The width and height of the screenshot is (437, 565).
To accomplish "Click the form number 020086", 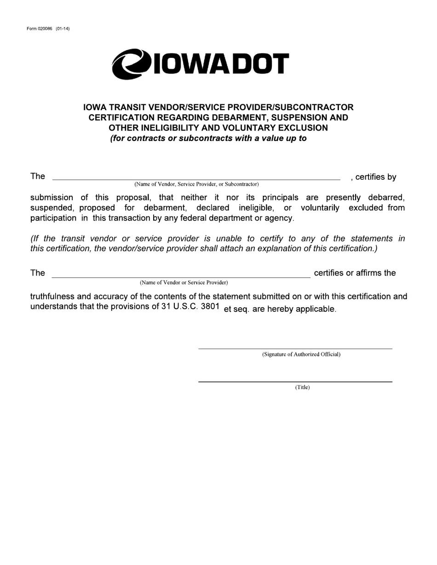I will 45,29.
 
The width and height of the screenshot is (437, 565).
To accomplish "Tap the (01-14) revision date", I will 63,29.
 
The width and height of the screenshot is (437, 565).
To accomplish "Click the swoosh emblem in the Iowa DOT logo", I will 131,64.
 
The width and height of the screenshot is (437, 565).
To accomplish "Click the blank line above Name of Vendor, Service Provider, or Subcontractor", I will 196,179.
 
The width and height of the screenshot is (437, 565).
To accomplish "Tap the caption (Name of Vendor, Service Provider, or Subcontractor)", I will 196,184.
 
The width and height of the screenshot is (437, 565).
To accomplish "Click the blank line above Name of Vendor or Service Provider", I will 181,277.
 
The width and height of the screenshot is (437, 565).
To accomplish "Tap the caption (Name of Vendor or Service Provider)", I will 184,282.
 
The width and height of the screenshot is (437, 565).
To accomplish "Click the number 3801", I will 210,306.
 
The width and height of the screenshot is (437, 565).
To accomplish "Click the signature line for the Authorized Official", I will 295,348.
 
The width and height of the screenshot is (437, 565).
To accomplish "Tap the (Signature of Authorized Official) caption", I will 301,354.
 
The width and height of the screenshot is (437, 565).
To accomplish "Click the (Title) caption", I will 302,387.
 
